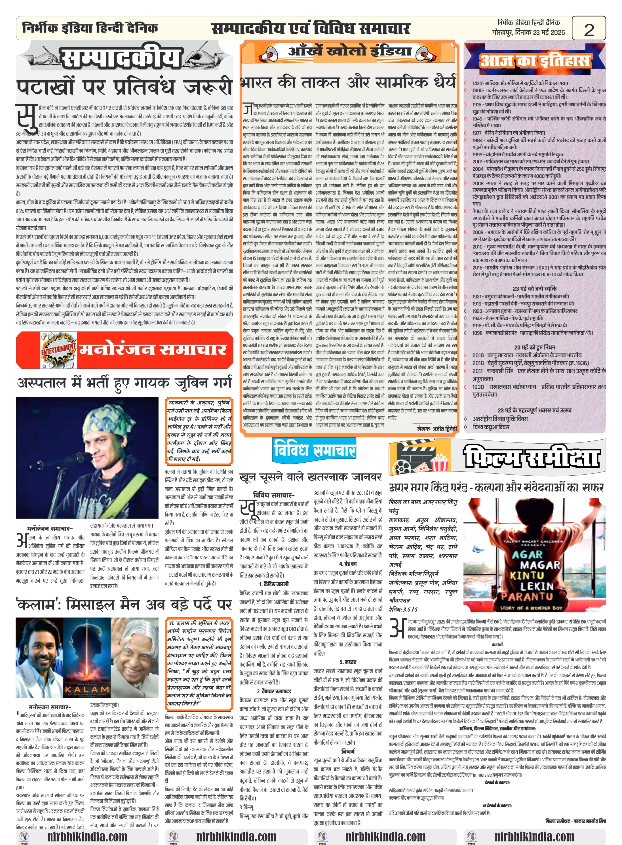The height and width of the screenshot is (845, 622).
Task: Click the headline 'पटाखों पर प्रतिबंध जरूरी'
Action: tap(124, 86)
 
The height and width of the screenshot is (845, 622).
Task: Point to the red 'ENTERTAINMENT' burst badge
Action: tap(58, 350)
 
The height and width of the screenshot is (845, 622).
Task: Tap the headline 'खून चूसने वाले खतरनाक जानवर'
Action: tap(311, 477)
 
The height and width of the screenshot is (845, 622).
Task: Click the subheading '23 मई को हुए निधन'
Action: tap(534, 347)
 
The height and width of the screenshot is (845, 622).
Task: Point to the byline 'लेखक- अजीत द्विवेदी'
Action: tap(436, 428)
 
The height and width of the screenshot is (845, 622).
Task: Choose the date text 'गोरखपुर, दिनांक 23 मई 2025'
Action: tap(528, 32)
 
